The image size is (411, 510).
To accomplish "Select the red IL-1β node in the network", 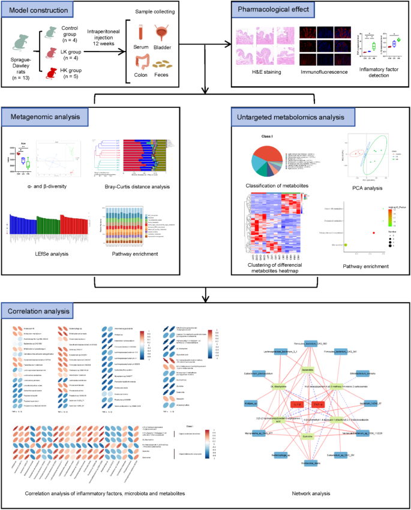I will click(297, 403).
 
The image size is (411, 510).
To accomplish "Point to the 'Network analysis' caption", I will click(308, 493).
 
